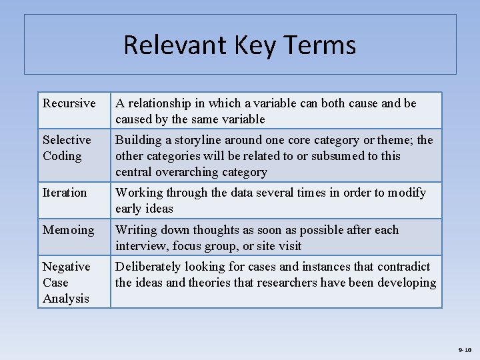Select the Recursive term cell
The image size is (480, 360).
click(x=69, y=103)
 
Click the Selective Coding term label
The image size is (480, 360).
click(x=67, y=147)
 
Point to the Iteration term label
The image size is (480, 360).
click(x=65, y=193)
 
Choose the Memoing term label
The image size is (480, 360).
click(x=69, y=230)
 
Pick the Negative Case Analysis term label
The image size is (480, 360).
click(x=66, y=282)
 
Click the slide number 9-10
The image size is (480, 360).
click(x=465, y=350)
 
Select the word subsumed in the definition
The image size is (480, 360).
click(x=333, y=156)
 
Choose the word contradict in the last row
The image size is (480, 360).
click(x=403, y=267)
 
